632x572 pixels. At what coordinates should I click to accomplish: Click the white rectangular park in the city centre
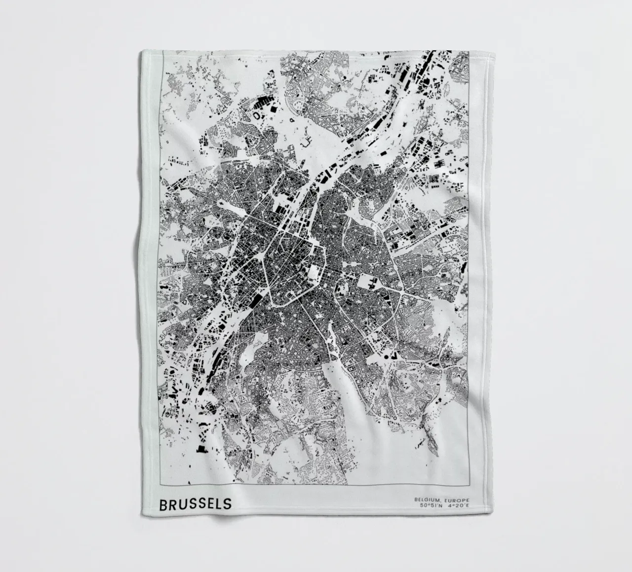[314, 271]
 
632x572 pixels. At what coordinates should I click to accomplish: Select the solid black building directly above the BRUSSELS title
[201, 449]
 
